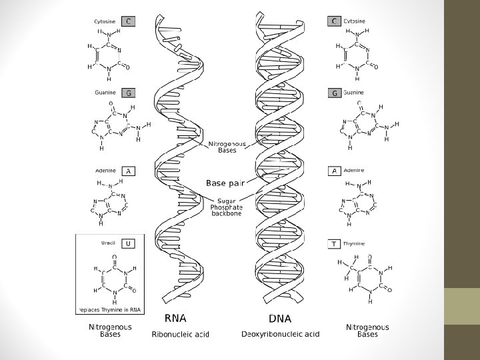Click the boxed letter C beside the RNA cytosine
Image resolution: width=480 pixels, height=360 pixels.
[128, 21]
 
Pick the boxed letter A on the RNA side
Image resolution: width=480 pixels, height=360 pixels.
[127, 171]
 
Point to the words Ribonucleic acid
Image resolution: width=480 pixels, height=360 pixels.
[180, 333]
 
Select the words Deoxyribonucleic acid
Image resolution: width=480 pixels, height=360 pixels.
[280, 333]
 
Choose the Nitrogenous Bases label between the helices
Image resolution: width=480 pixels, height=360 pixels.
[227, 147]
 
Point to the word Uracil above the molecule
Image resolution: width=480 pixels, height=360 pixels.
[109, 244]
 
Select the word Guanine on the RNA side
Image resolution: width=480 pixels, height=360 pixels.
[105, 93]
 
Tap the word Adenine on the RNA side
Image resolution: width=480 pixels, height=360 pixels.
[105, 171]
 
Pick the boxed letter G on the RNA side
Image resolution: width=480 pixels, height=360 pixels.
[128, 93]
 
